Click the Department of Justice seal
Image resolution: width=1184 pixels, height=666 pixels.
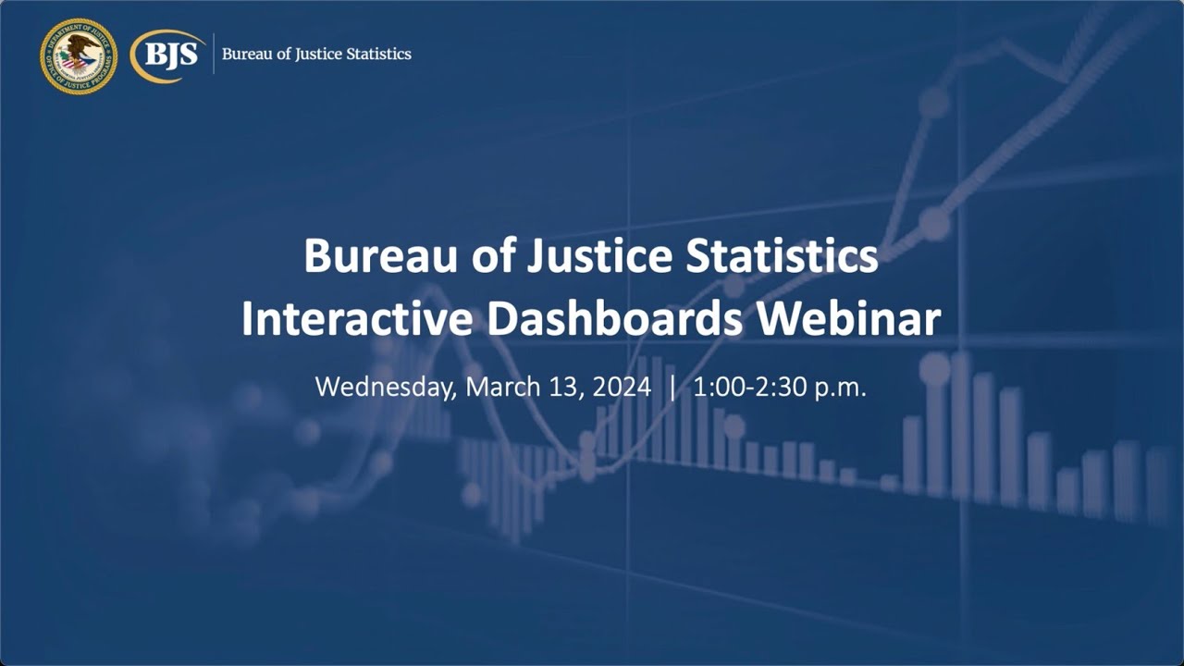[79, 55]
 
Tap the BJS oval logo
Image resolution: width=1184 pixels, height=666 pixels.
[167, 55]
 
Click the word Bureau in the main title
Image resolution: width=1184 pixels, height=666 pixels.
[369, 256]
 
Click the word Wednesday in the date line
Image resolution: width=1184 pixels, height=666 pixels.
[385, 386]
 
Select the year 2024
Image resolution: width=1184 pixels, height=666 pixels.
[622, 386]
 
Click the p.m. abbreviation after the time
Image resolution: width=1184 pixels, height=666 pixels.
[841, 388]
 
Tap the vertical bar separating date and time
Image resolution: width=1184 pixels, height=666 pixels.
[672, 386]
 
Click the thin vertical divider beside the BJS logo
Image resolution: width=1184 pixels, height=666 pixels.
[214, 54]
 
